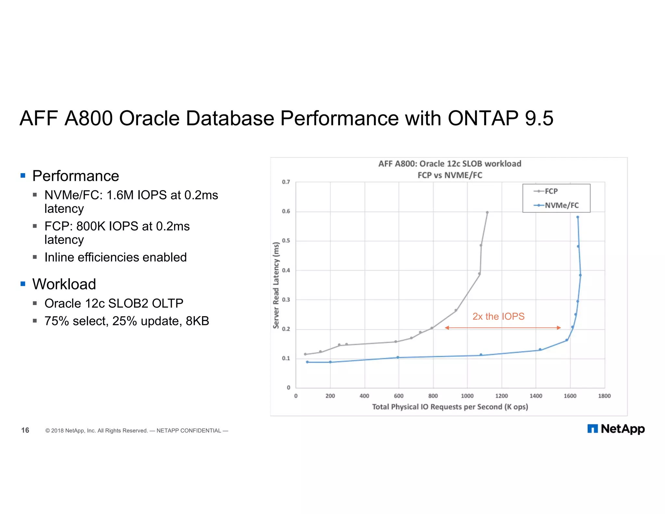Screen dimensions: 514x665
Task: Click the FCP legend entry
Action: pyautogui.click(x=551, y=191)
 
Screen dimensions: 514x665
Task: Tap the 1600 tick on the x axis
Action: pyautogui.click(x=570, y=396)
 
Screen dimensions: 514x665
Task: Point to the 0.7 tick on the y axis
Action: pyautogui.click(x=286, y=182)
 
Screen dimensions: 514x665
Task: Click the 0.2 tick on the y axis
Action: pyautogui.click(x=286, y=329)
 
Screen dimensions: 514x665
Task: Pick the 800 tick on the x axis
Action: pyautogui.click(x=433, y=396)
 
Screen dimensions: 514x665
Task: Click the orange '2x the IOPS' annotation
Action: pyautogui.click(x=498, y=316)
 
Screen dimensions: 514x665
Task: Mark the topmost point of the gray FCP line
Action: pyautogui.click(x=487, y=212)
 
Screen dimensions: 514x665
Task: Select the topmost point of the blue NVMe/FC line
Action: pyautogui.click(x=578, y=217)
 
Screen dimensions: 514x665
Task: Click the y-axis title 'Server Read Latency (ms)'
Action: pyautogui.click(x=276, y=285)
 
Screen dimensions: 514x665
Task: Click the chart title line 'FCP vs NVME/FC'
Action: pyautogui.click(x=450, y=175)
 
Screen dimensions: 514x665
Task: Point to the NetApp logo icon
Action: pyautogui.click(x=593, y=429)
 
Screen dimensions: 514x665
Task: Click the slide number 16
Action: pyautogui.click(x=25, y=430)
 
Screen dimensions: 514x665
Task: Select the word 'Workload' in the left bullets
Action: pyautogui.click(x=64, y=284)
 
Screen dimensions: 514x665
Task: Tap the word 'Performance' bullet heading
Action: pyautogui.click(x=76, y=176)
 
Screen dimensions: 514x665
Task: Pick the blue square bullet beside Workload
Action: pyautogui.click(x=23, y=284)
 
